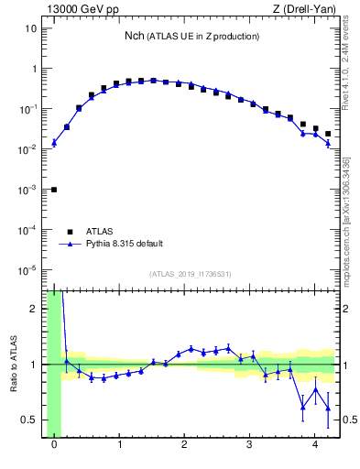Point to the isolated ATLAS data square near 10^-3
[x=54, y=190]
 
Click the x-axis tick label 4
[x=315, y=445]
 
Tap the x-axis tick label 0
[x=54, y=445]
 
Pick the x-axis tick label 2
[x=185, y=445]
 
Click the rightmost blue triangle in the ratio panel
[x=328, y=409]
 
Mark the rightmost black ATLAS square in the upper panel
[x=328, y=134]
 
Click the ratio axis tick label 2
[x=34, y=309]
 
